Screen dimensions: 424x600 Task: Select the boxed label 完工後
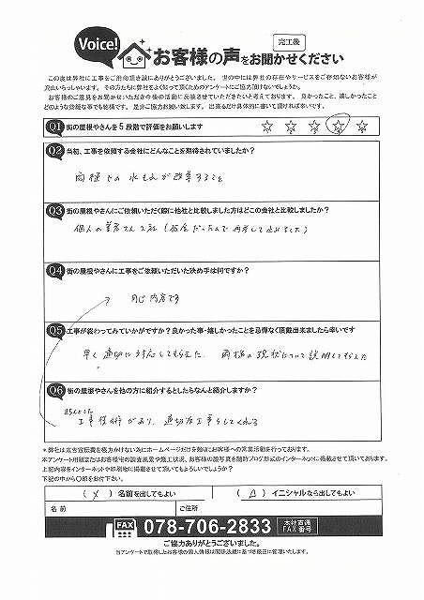tap(287, 41)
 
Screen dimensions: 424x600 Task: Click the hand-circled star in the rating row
tap(339, 124)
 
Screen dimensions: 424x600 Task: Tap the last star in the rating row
tap(361, 125)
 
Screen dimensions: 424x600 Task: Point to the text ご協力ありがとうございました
tap(212, 544)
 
